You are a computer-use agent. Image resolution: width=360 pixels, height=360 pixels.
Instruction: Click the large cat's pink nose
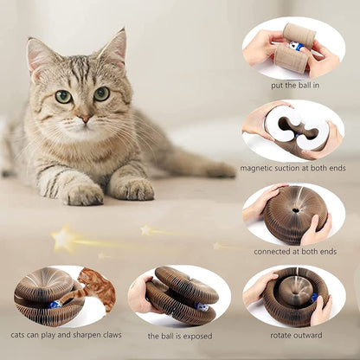point(84,117)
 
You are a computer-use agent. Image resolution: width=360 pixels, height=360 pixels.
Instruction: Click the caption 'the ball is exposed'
point(179,335)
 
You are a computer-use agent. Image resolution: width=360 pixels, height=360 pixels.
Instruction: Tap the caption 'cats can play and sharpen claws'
point(66,334)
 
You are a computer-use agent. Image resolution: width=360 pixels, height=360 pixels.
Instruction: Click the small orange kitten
point(95,288)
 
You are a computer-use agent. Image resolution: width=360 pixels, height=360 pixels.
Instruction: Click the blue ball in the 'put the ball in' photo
point(297,47)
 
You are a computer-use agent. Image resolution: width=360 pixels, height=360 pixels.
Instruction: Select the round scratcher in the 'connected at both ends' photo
point(294,213)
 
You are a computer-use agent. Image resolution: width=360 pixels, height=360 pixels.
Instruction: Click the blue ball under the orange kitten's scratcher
point(54,305)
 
